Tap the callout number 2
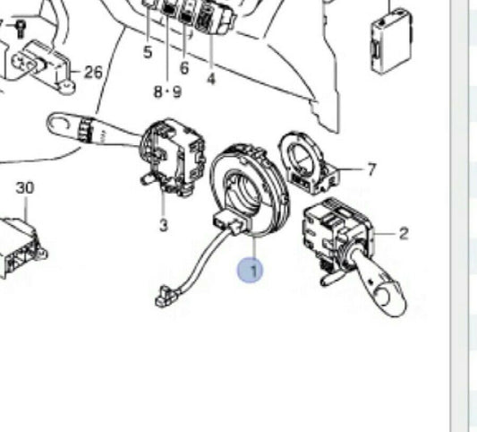click(x=404, y=234)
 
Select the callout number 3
click(x=164, y=226)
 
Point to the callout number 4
click(x=211, y=79)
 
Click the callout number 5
click(x=148, y=52)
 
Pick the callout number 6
click(x=184, y=67)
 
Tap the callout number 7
click(x=371, y=169)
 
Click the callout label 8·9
click(x=168, y=91)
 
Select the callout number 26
click(x=93, y=73)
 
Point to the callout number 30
click(x=25, y=188)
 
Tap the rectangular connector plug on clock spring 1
click(x=231, y=223)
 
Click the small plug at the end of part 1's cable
click(x=165, y=296)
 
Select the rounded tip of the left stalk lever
click(x=58, y=124)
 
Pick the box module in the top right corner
click(x=391, y=41)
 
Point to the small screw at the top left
click(x=21, y=29)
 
